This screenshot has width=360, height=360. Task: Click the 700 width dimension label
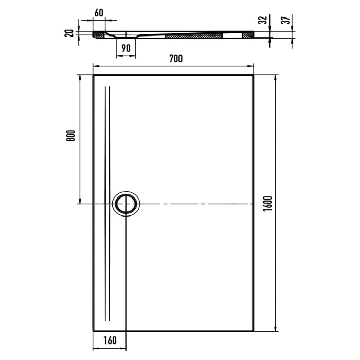point(175,59)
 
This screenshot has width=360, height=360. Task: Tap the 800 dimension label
point(71,135)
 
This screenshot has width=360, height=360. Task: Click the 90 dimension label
point(125,48)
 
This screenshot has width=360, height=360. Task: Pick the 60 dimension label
point(99,13)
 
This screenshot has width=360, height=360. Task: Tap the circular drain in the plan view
point(126,204)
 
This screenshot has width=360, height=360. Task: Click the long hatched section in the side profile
point(193,36)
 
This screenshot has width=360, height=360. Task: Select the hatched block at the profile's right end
point(248,34)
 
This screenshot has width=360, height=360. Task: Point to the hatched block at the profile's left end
point(98,35)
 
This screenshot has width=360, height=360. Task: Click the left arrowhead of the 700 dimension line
point(95,66)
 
